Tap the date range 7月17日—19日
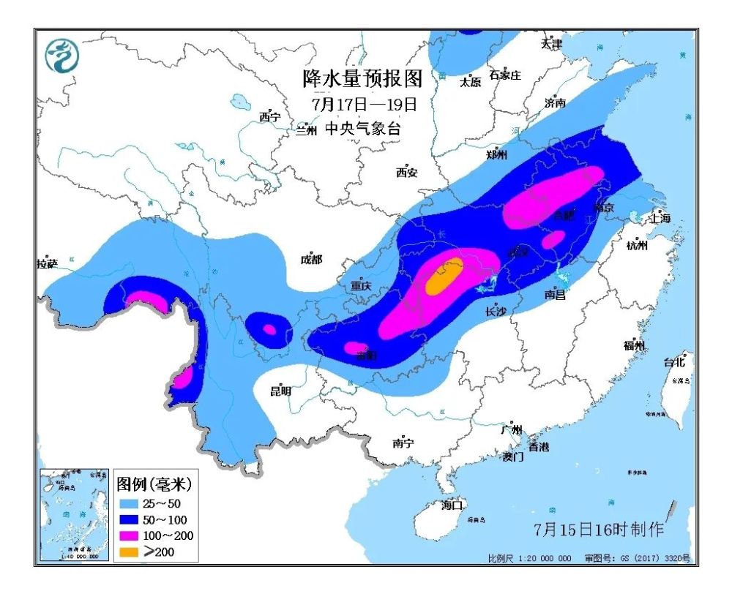click(x=364, y=104)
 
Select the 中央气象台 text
click(x=362, y=129)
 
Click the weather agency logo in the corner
click(x=61, y=56)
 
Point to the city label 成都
click(x=311, y=259)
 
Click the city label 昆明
click(x=280, y=391)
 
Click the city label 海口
click(x=452, y=504)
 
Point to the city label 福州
click(x=634, y=345)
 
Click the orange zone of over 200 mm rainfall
click(x=444, y=278)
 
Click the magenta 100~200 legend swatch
click(x=129, y=535)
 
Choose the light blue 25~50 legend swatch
click(x=129, y=503)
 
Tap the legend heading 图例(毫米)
click(x=154, y=484)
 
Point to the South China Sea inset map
click(x=73, y=515)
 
